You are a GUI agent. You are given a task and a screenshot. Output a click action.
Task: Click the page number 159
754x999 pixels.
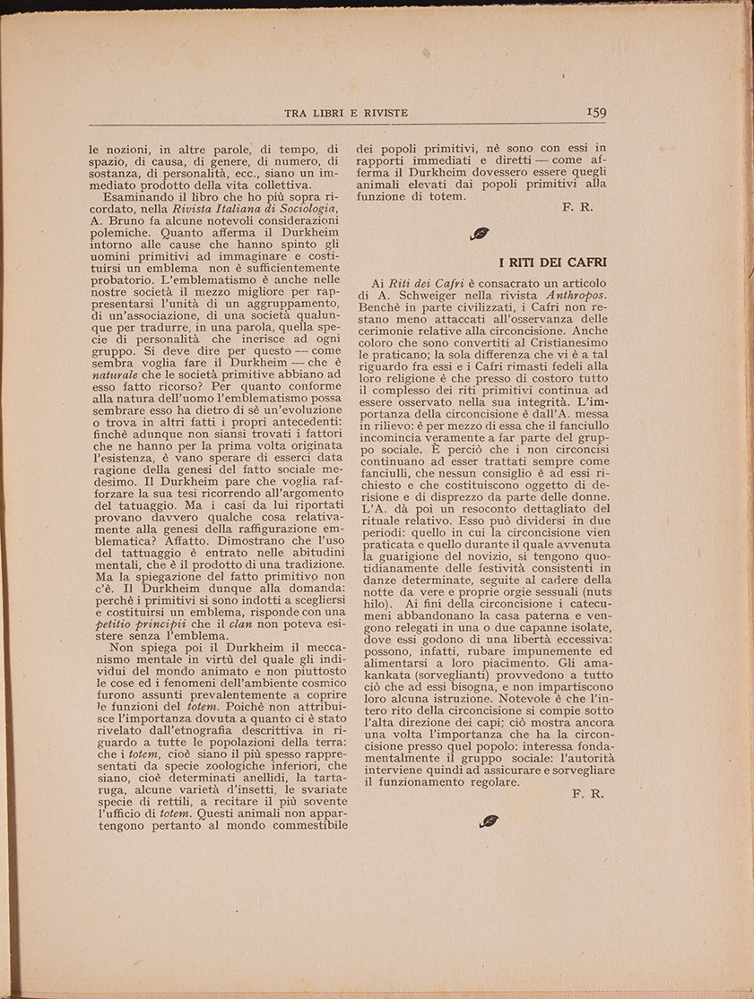[595, 112]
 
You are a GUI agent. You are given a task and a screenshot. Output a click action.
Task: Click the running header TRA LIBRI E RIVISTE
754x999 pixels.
[346, 113]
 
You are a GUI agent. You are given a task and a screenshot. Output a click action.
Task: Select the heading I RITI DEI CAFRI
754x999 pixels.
[552, 263]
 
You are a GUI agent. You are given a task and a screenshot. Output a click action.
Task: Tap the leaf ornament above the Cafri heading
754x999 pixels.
[480, 234]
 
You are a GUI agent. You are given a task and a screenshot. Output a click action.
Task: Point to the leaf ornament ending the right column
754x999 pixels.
[490, 820]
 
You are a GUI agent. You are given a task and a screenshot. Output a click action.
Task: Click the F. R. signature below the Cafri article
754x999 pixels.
[587, 794]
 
